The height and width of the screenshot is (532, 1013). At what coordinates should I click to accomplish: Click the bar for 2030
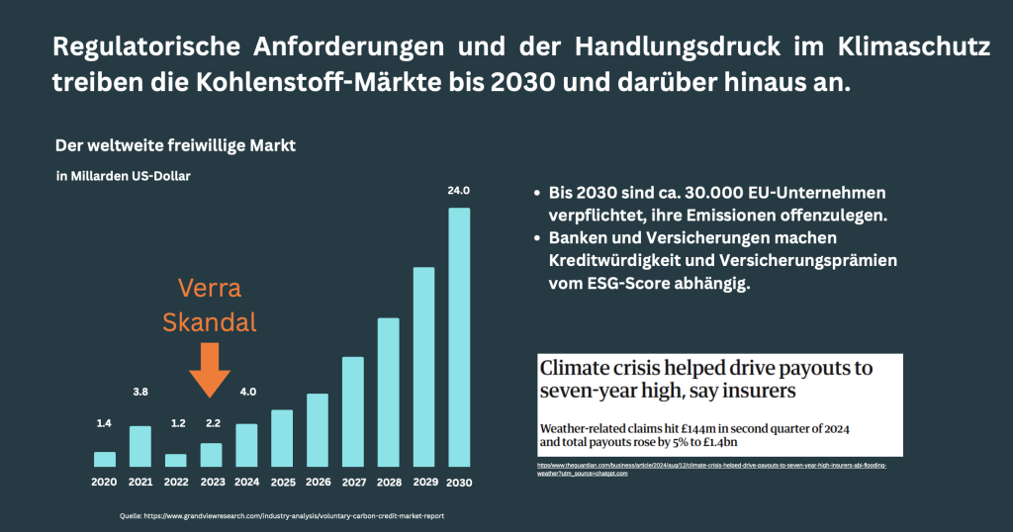458,336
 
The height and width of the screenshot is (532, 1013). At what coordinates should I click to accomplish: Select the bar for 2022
175,460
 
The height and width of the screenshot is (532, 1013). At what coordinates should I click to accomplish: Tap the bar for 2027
353,411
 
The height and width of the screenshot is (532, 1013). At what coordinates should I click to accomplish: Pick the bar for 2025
282,437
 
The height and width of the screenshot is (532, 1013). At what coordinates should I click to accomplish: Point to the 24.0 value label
459,191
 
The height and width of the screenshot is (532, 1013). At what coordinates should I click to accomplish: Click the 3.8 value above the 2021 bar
139,393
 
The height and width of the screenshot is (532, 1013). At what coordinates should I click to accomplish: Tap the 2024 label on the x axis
246,484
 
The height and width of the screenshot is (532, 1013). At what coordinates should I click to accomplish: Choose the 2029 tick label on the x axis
423,484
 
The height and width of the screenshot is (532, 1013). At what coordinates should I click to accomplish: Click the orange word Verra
210,288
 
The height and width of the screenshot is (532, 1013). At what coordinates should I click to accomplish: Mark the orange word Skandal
210,321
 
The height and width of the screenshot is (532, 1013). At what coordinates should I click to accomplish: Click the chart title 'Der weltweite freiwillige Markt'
175,146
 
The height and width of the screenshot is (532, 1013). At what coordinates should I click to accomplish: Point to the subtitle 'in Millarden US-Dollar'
123,176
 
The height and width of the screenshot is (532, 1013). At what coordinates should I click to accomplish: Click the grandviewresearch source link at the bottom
288,515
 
